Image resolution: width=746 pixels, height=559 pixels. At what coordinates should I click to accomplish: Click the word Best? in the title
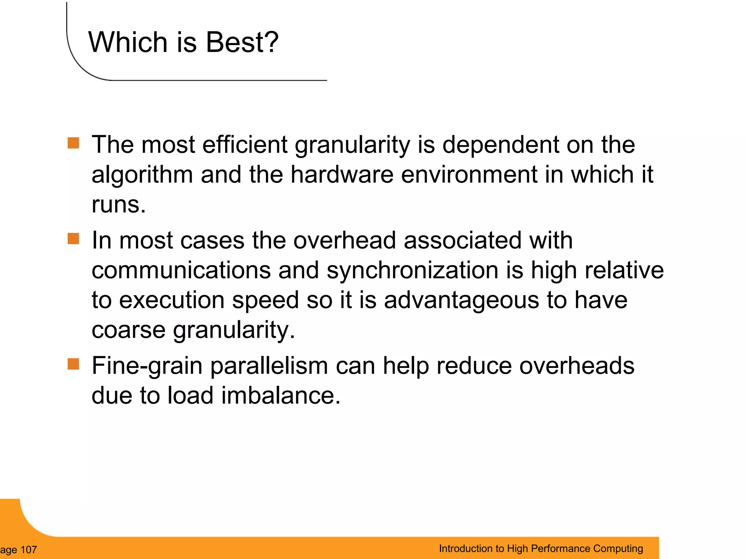click(x=242, y=42)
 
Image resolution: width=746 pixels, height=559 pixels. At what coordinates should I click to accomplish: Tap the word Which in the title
click(x=128, y=42)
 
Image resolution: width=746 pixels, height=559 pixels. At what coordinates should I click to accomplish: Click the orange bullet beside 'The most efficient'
click(x=73, y=143)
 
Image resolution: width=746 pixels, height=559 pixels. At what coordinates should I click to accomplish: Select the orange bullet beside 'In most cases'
click(x=73, y=239)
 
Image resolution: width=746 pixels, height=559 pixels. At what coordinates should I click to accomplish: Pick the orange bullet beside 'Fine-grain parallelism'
click(x=73, y=364)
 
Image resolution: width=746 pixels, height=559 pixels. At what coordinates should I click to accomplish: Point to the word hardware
click(x=342, y=175)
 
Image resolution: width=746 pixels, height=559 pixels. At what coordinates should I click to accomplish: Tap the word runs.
click(x=118, y=205)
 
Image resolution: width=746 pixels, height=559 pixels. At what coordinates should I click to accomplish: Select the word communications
click(x=181, y=270)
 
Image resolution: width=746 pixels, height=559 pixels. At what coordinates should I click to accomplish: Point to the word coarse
click(x=128, y=330)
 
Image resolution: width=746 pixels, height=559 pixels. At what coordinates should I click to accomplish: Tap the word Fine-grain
click(x=147, y=366)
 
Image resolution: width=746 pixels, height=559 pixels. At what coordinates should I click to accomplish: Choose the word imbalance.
click(x=280, y=396)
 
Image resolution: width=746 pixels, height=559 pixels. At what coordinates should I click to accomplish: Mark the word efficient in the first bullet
click(x=245, y=145)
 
